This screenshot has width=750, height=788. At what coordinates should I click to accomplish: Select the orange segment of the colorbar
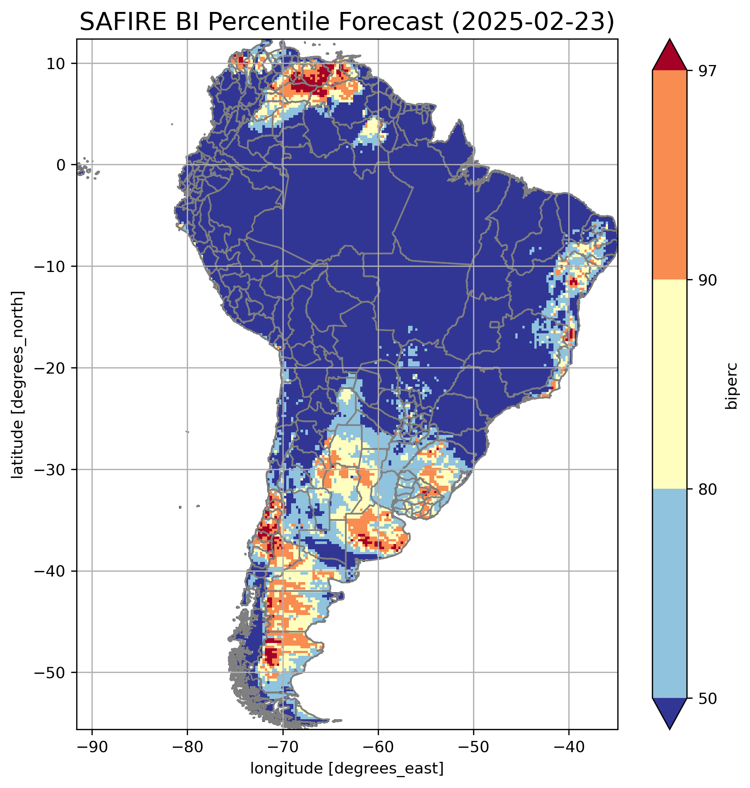coord(669,175)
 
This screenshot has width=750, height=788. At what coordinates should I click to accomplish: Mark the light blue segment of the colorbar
coord(669,594)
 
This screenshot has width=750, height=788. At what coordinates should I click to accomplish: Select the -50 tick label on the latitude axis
coord(50,673)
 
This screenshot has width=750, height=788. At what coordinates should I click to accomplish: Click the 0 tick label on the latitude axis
coord(61,165)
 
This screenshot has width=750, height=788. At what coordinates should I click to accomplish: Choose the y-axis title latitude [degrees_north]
coord(18,384)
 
